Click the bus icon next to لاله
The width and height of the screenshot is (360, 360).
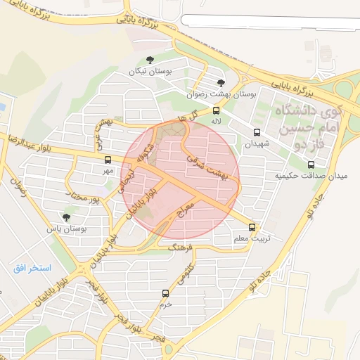coord(216,110)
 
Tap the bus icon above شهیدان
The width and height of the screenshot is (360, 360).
coord(256,132)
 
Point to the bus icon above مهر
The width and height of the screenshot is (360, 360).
coord(107,160)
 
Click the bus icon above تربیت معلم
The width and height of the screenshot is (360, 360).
coord(252,228)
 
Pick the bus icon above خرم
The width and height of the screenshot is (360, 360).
coord(166,293)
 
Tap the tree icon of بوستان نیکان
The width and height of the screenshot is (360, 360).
coord(149,60)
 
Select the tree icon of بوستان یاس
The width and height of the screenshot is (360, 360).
coord(67,217)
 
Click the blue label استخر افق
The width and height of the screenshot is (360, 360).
coord(32,268)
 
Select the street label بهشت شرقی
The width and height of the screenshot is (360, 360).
coord(209,166)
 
